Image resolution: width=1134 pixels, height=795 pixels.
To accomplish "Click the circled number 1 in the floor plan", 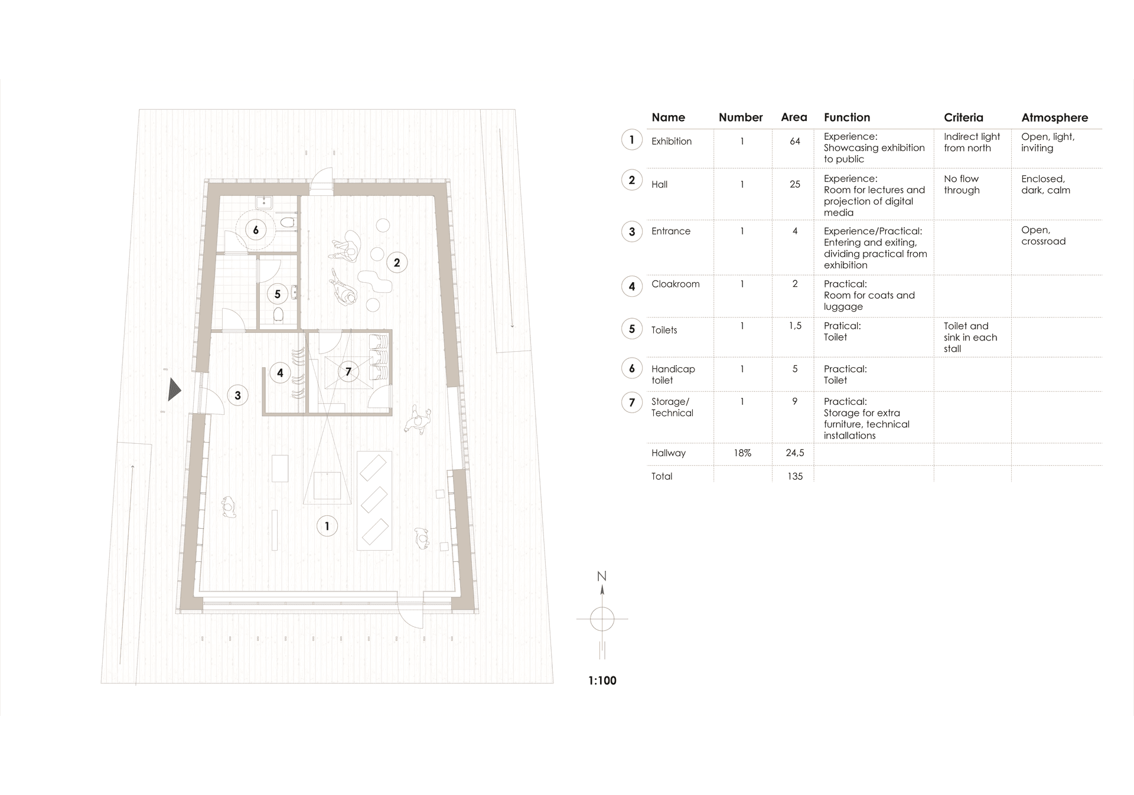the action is tap(327, 526).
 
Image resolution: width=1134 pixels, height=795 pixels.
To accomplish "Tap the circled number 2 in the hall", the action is tap(397, 263).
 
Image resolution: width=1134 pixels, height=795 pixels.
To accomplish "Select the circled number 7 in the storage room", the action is tap(348, 371).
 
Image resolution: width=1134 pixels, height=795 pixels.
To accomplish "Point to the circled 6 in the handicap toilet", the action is tap(256, 230).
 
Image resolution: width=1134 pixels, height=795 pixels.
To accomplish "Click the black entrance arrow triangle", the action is tap(174, 390).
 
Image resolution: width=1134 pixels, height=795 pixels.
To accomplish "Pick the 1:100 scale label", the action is tap(602, 681).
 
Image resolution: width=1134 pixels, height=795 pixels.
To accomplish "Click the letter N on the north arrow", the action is tap(602, 576).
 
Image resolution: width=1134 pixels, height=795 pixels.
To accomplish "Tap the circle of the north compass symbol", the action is tap(602, 619).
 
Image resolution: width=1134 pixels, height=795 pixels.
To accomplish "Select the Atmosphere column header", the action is tap(1054, 117).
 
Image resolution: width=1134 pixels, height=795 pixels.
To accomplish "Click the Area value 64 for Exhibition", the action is tap(795, 141).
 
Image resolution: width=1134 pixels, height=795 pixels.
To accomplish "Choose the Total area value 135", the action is tap(795, 476).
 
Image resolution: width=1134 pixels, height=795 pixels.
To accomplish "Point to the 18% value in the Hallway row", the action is tap(742, 453).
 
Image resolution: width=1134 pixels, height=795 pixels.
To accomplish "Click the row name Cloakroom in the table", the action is tap(675, 284).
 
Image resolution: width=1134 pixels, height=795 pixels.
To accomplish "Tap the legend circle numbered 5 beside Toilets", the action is tap(632, 329).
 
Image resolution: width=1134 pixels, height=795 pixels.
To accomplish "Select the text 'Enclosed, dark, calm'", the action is tap(1045, 184).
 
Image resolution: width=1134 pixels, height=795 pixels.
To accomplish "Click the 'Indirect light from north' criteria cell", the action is tap(972, 142).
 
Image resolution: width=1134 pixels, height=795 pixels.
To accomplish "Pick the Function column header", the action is tap(847, 117).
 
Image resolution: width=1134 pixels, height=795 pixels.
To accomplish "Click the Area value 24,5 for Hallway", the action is tap(795, 453).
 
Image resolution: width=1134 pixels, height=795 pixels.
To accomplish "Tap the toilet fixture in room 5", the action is tap(279, 315).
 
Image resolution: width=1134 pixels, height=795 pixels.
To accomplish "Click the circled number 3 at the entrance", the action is tap(237, 395).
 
